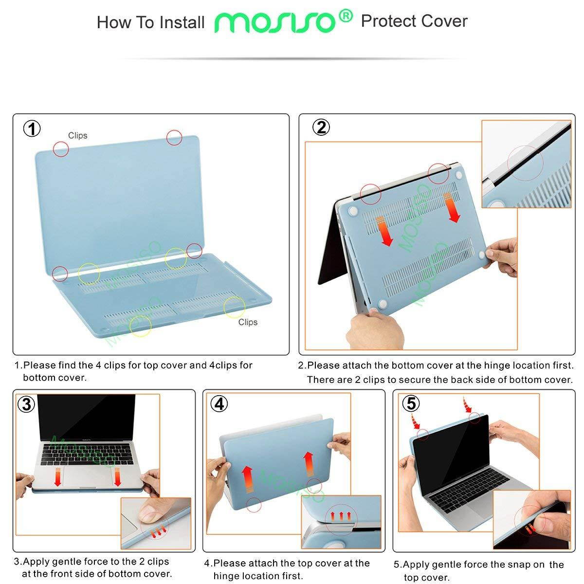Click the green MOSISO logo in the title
pos(275,22)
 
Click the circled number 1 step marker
pos(32,129)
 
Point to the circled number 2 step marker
pos(321,128)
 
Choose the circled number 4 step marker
pos(219,404)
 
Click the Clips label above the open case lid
pos(77,136)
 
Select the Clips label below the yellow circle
pos(248,322)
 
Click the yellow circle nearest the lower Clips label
pos(235,307)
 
